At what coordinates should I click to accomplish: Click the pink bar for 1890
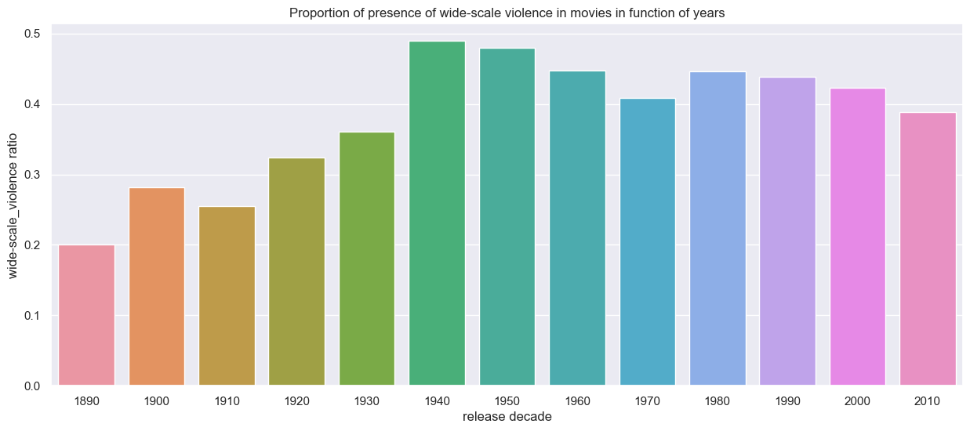pos(86,315)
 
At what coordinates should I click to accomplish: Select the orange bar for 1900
pos(156,287)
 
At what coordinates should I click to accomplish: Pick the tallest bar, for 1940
pos(437,213)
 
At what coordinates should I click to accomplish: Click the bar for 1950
pos(507,217)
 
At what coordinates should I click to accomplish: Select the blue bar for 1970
pos(647,242)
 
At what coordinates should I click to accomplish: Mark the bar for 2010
pos(928,249)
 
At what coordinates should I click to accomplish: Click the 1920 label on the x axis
pos(296,400)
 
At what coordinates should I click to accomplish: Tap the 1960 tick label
pos(577,400)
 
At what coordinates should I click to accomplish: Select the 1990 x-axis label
pos(787,400)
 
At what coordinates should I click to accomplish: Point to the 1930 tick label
pos(367,400)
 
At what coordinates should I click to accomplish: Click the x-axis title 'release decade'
pos(507,417)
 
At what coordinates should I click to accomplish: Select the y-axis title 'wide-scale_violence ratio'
pos(14,208)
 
